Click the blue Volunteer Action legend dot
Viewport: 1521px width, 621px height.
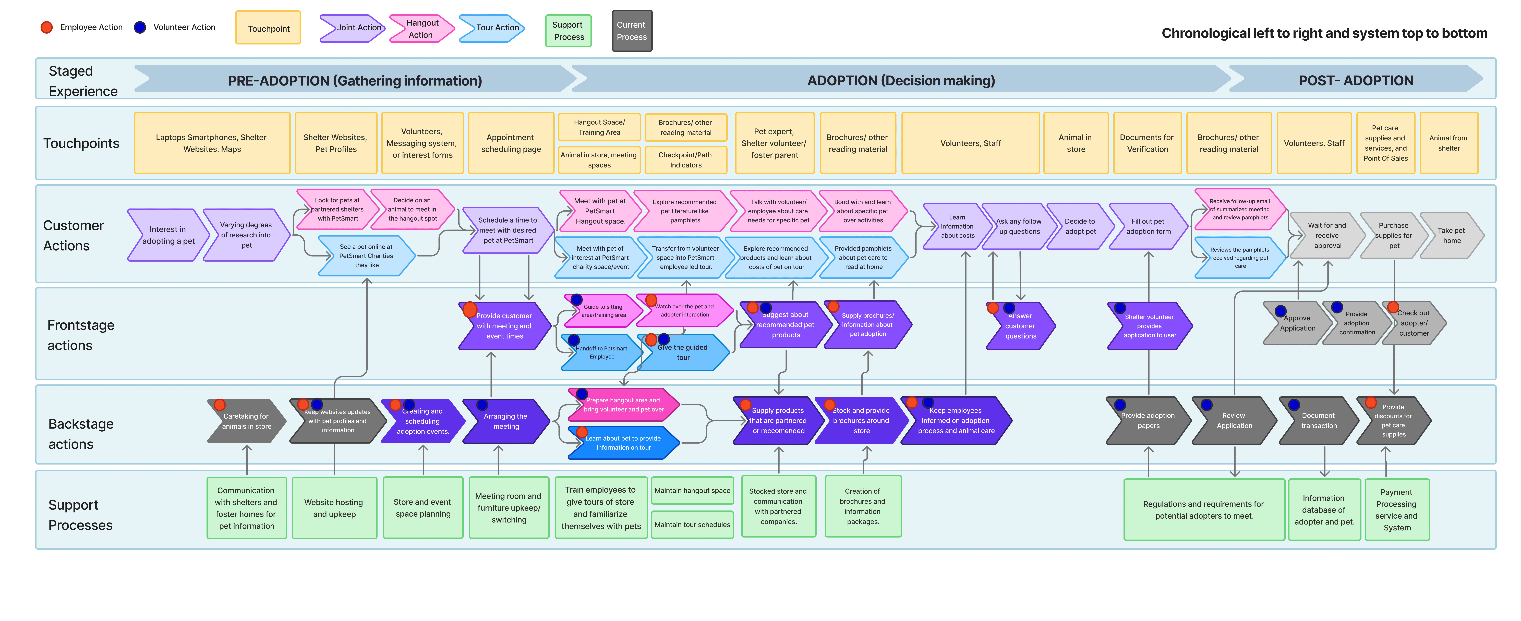140,27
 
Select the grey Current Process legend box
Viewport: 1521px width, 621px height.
632,31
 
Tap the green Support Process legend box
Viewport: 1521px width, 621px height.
568,31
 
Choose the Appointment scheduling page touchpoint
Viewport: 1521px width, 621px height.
511,143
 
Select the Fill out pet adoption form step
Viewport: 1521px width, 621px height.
1148,227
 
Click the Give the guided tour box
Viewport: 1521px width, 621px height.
683,352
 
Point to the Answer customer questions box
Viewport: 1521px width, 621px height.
1020,326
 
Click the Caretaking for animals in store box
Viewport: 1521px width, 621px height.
246,421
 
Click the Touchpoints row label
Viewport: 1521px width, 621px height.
81,143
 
